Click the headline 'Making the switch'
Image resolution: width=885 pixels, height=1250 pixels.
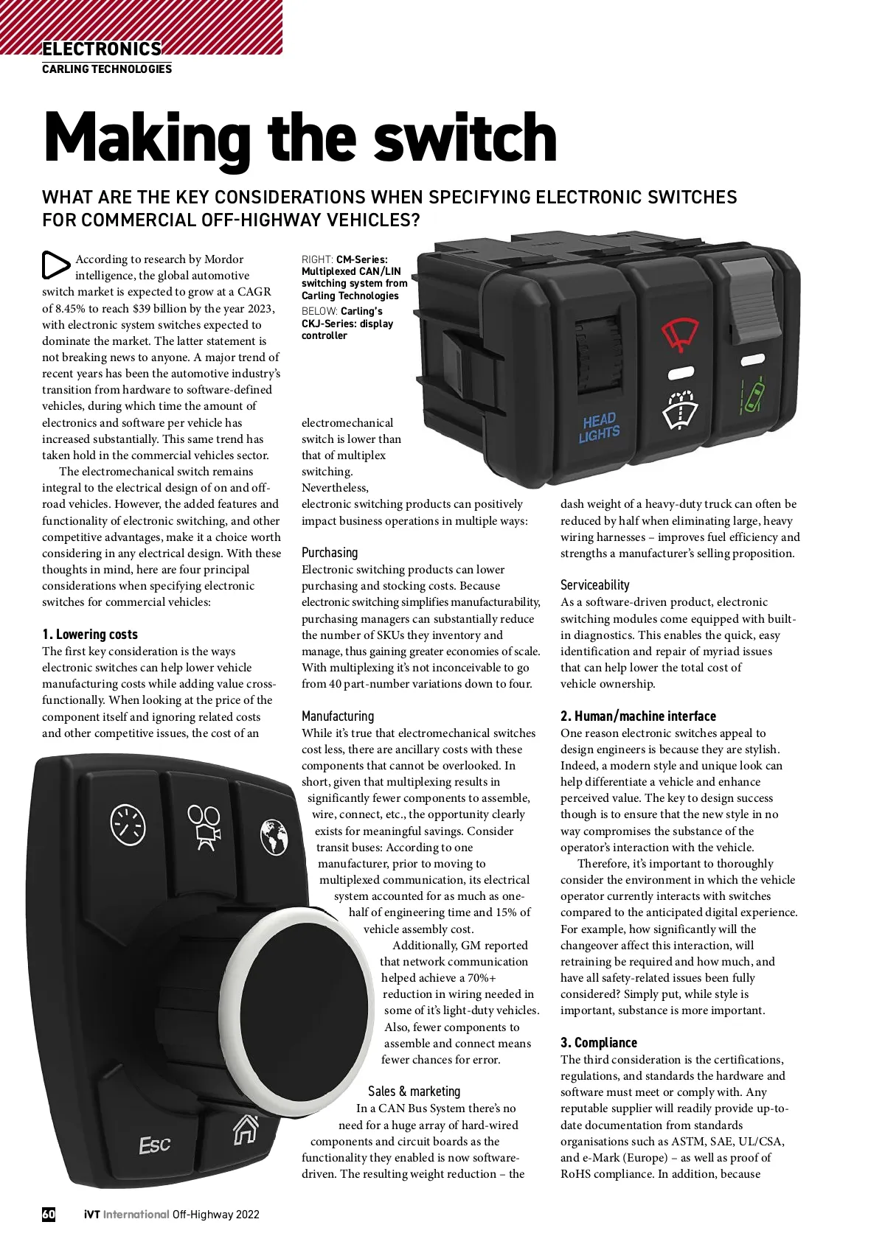click(x=299, y=138)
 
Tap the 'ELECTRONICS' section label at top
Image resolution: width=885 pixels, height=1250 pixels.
click(x=102, y=49)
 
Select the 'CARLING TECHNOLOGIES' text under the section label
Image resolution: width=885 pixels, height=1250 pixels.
click(x=107, y=69)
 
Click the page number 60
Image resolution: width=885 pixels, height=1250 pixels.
click(x=49, y=1215)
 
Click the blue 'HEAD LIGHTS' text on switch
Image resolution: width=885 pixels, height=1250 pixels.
click(x=599, y=428)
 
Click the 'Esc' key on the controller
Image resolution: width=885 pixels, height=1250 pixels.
click(x=155, y=1145)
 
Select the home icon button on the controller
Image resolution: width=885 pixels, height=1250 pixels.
click(x=246, y=1128)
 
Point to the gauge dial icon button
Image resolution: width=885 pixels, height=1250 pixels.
click(x=128, y=824)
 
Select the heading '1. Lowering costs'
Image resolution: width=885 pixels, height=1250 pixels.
click(x=90, y=635)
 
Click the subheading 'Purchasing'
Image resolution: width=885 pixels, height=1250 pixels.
click(x=330, y=553)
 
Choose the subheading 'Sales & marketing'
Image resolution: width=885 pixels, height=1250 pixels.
click(x=414, y=1092)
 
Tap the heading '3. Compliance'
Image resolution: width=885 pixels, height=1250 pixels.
click(x=598, y=1043)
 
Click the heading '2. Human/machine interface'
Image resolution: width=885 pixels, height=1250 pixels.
click(x=638, y=716)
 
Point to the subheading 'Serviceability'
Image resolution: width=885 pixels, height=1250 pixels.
click(x=594, y=585)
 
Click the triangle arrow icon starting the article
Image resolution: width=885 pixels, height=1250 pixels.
click(x=55, y=265)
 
